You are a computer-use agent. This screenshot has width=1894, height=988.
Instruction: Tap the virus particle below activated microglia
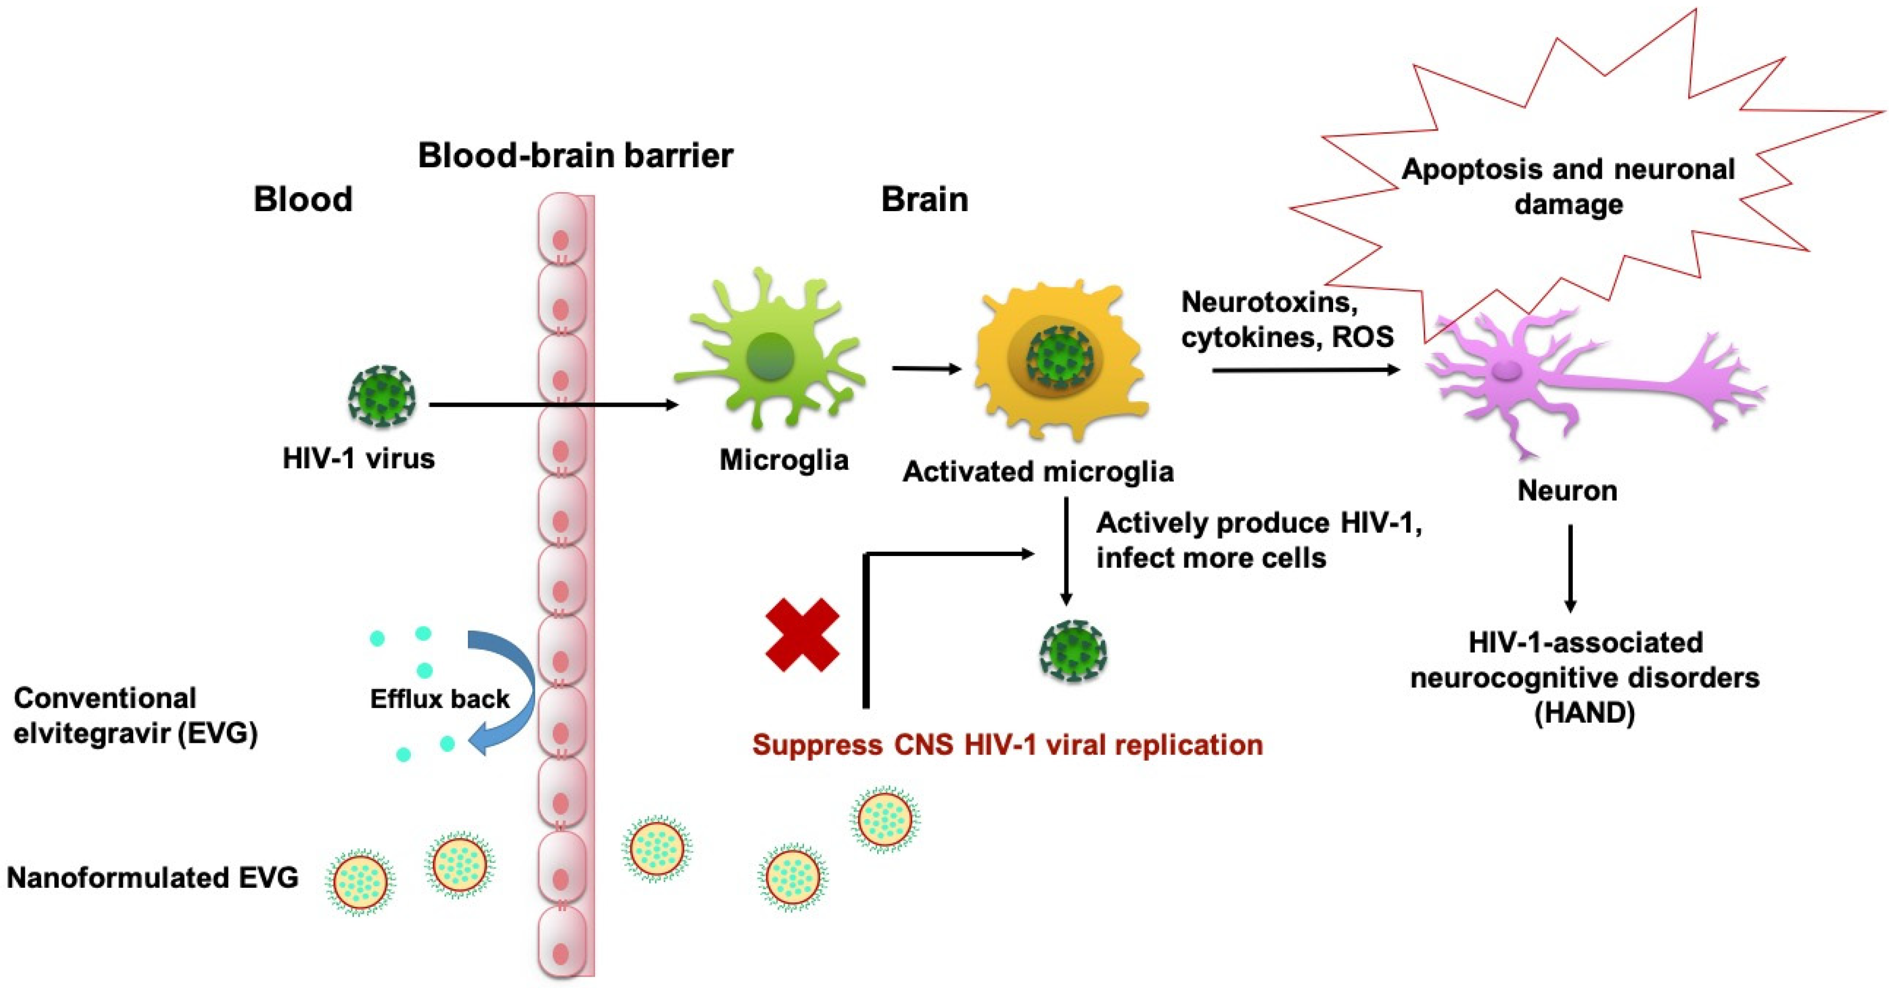(x=1073, y=651)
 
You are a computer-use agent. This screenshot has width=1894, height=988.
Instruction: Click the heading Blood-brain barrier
(x=575, y=156)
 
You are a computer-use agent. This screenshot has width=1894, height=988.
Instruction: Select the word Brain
(x=924, y=199)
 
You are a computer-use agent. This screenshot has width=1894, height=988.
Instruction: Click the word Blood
(x=303, y=199)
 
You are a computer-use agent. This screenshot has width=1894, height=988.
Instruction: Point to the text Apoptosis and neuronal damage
(x=1568, y=187)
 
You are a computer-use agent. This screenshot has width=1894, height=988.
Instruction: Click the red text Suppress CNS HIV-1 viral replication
(x=1007, y=745)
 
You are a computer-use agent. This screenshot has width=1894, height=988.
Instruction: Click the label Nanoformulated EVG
(x=153, y=878)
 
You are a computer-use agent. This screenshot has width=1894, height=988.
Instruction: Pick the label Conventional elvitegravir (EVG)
(x=136, y=715)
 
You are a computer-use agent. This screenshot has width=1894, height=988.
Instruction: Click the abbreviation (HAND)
(x=1584, y=712)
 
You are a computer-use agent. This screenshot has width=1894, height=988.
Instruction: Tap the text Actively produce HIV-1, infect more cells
(x=1259, y=540)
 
